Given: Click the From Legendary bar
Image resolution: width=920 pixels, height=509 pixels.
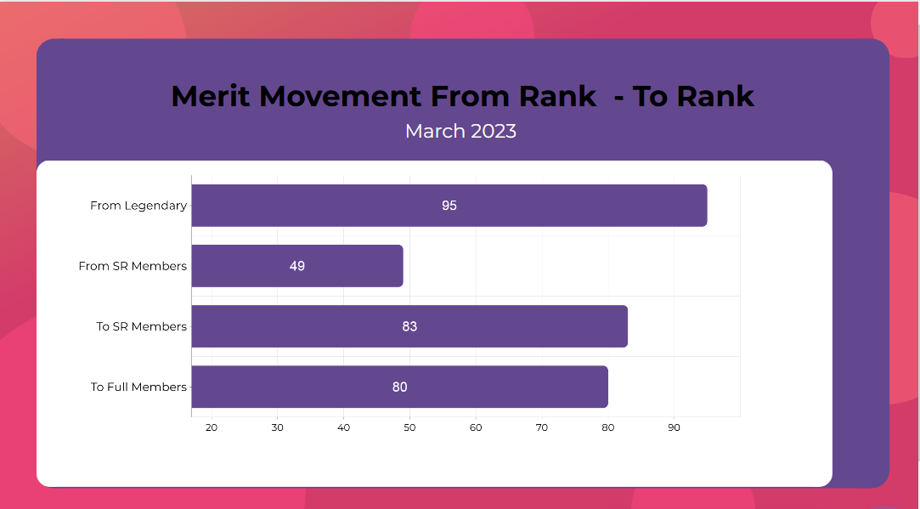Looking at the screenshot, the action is click(449, 206).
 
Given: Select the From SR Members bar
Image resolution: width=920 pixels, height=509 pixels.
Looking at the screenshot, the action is click(297, 266).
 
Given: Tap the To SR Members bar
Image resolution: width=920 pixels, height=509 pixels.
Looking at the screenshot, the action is click(409, 326).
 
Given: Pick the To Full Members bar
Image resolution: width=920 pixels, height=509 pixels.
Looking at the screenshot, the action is click(399, 387).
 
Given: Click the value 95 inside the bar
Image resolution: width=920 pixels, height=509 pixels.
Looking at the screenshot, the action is click(449, 206).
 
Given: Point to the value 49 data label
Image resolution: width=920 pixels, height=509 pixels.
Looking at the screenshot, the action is click(296, 266).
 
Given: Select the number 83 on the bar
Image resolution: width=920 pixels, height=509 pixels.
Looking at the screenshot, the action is click(409, 326).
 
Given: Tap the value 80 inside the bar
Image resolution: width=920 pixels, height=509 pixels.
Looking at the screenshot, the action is click(399, 387).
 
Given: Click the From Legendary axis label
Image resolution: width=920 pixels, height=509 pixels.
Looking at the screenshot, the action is click(138, 206).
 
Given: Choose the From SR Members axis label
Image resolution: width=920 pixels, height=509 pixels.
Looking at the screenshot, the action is click(133, 266).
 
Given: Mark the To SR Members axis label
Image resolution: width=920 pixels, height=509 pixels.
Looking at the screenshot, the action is click(141, 326).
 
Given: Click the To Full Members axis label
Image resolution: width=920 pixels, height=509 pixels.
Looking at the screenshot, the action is click(138, 387).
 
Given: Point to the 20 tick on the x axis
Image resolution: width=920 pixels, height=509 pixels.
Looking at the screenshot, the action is click(212, 427).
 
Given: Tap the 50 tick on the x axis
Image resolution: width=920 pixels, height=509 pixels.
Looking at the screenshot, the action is click(409, 427).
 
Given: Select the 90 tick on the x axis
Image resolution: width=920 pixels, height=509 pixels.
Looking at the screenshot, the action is click(674, 427).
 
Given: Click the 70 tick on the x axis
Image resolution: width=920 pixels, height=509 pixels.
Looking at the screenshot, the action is click(542, 427).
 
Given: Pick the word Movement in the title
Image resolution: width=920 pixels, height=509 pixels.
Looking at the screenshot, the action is click(338, 96).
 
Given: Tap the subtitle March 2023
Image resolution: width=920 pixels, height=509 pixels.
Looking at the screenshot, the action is click(460, 131).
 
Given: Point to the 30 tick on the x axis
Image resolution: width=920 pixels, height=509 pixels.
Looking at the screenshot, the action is click(278, 427).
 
